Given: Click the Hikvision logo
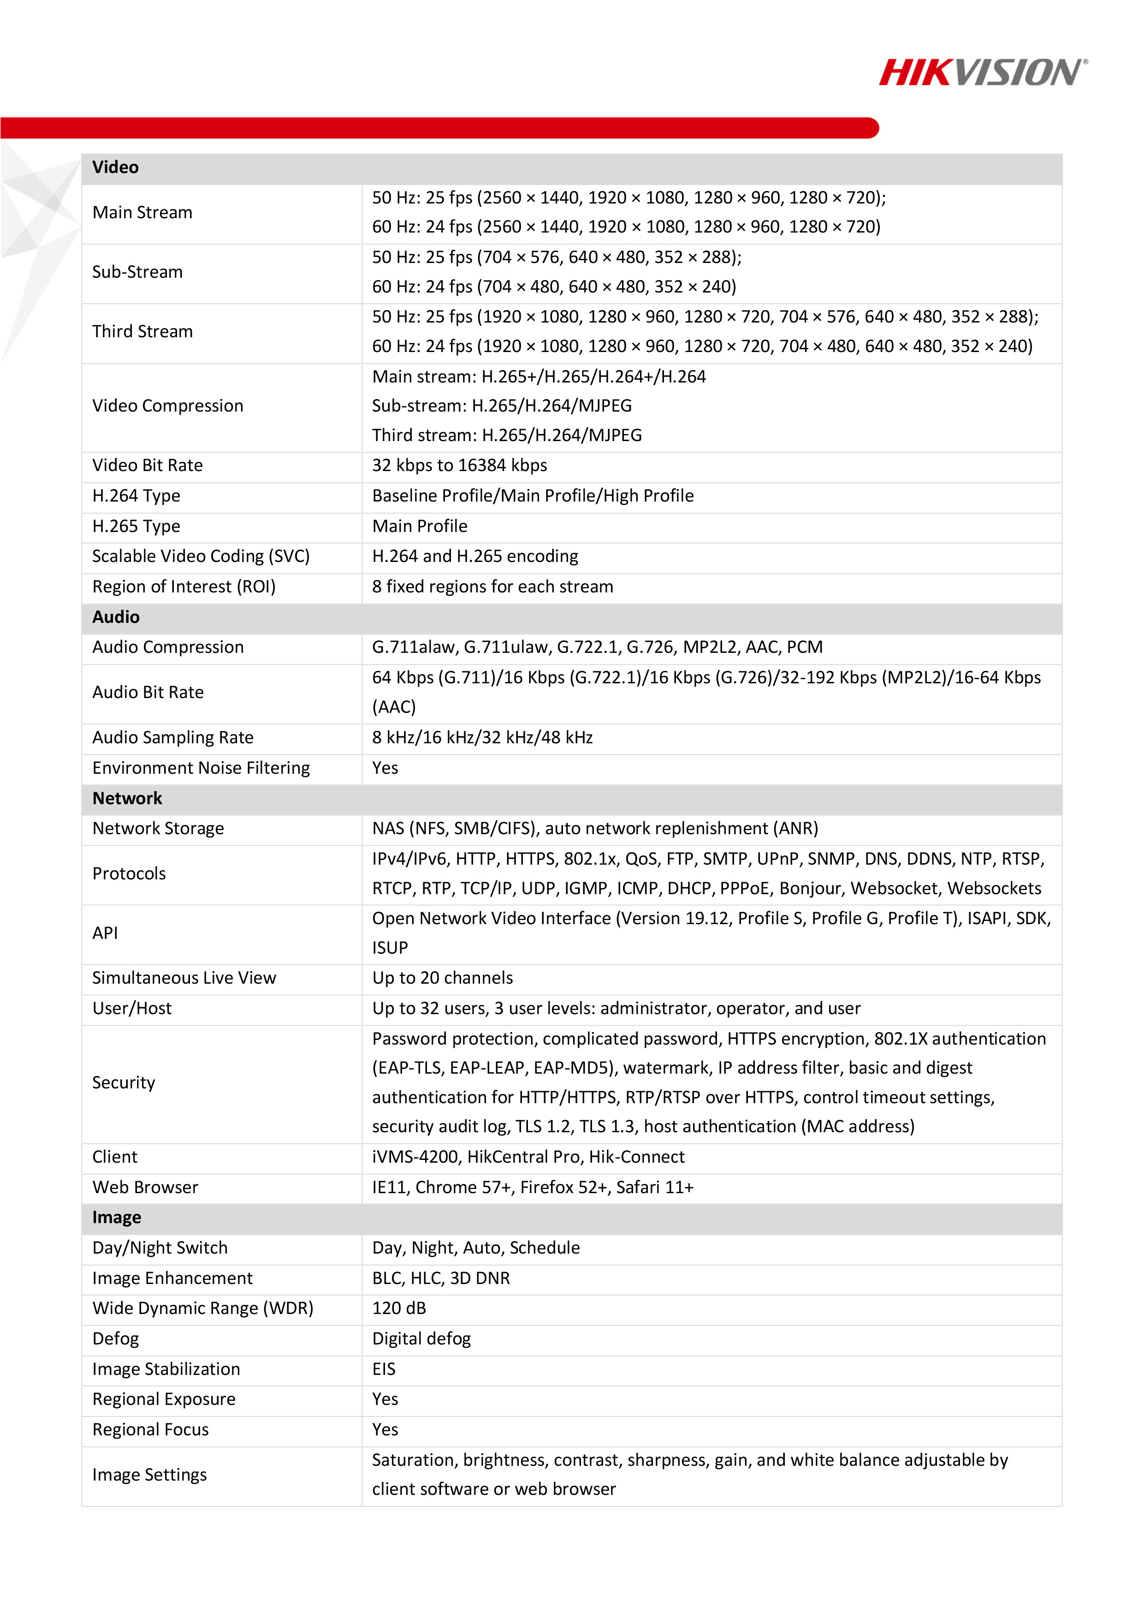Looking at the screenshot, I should (x=983, y=72).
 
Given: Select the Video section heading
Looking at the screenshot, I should (x=116, y=168).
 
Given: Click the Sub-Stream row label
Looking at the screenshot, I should (x=137, y=272).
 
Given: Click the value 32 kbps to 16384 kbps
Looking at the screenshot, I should (x=460, y=466).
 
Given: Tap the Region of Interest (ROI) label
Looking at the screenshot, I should (x=184, y=587).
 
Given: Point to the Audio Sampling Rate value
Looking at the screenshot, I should (x=482, y=738).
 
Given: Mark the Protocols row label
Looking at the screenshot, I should (x=130, y=874).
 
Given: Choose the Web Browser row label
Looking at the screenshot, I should (x=146, y=1188).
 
